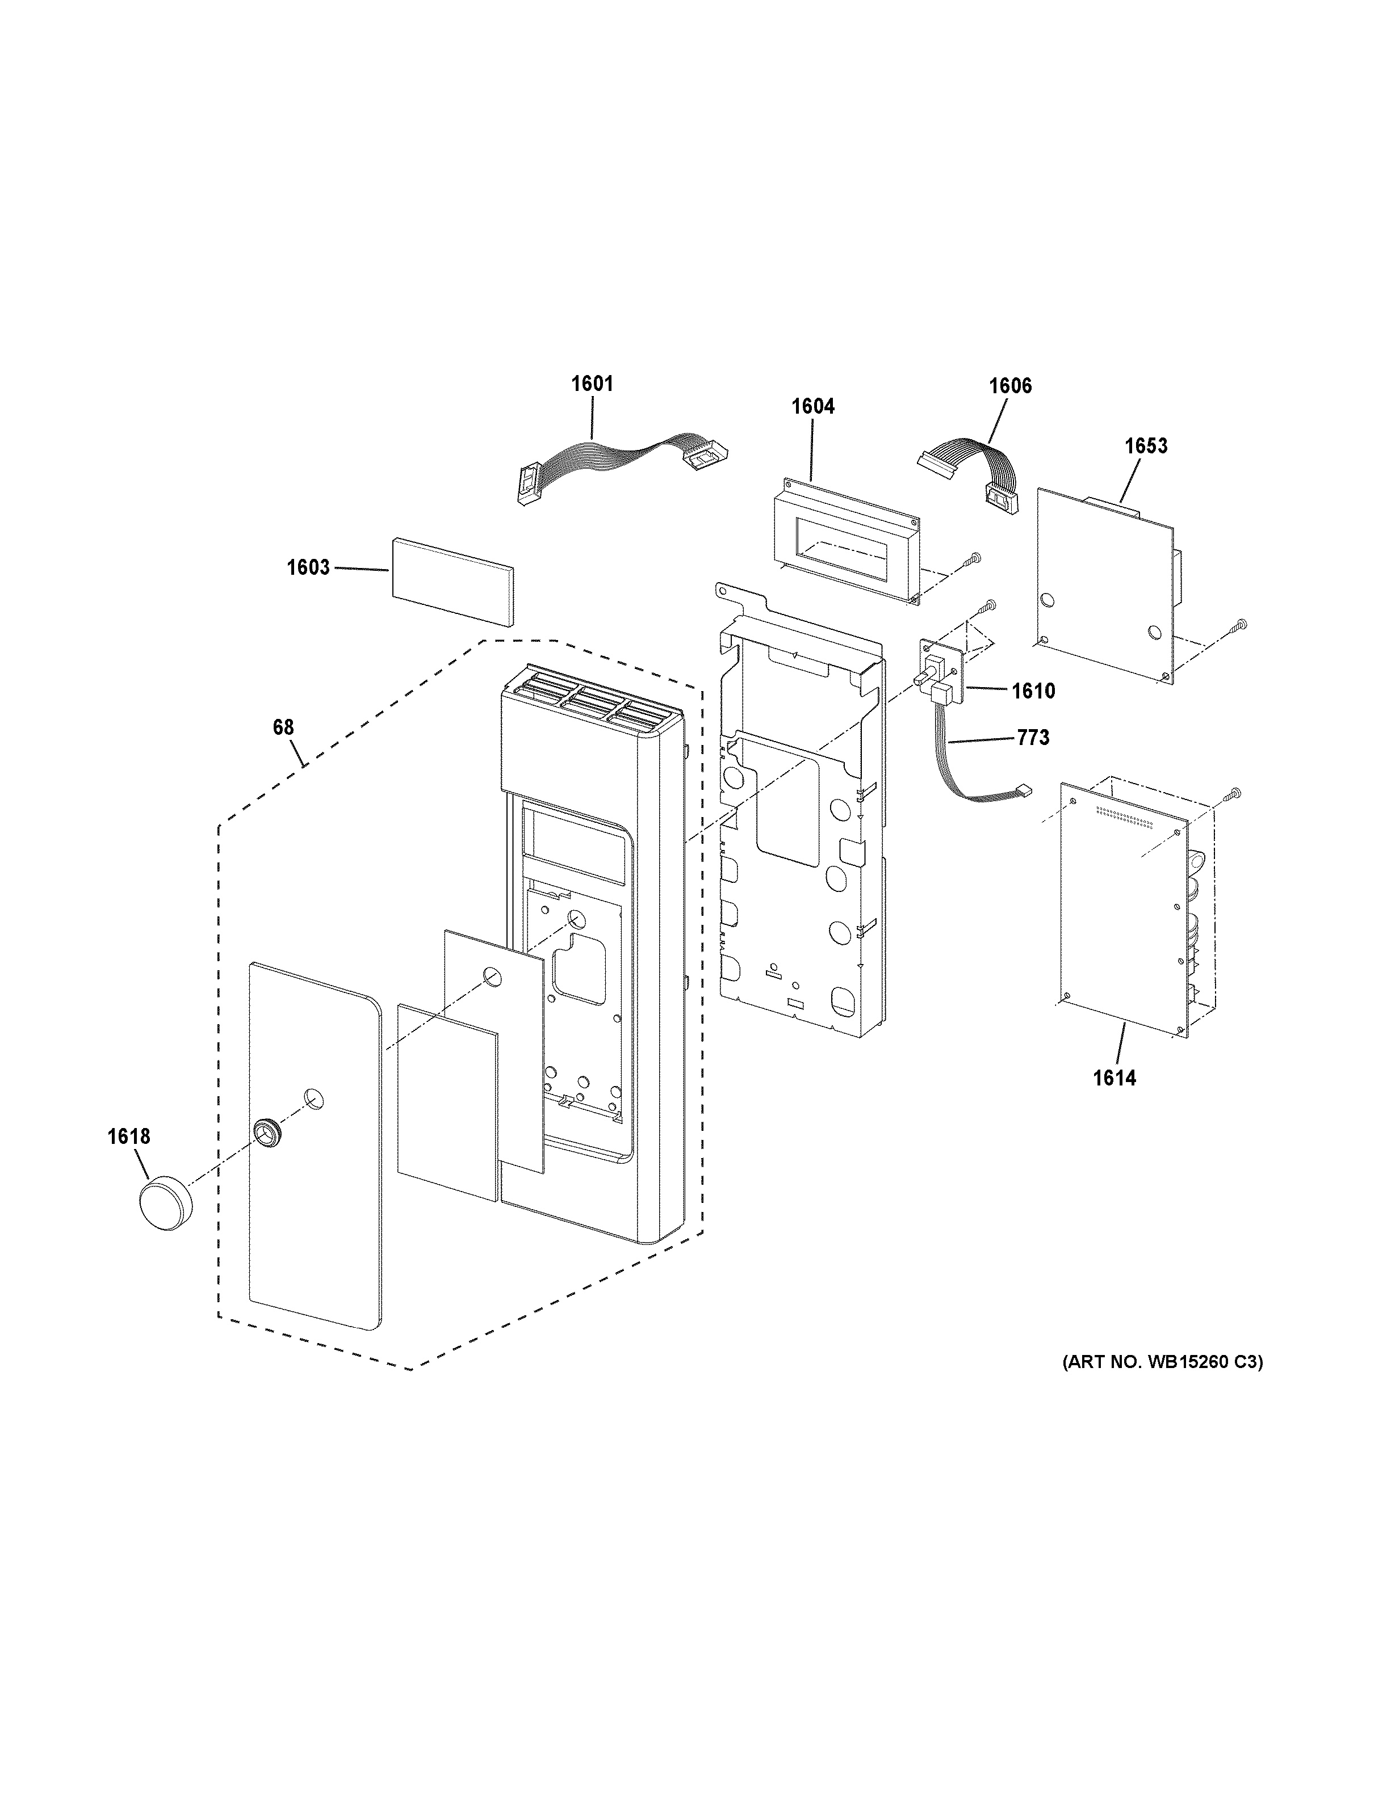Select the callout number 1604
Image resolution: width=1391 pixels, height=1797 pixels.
coord(812,406)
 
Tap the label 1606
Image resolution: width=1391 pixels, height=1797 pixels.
coord(1010,386)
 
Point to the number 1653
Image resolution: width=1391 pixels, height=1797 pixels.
coord(1146,446)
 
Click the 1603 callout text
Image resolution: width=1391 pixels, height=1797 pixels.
coord(308,568)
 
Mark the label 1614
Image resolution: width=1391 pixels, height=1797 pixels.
coord(1115,1078)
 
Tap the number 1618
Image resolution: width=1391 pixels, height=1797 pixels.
coord(129,1137)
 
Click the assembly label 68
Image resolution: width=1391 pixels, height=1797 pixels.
coord(283,727)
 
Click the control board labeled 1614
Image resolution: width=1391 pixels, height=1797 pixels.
coord(1124,905)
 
